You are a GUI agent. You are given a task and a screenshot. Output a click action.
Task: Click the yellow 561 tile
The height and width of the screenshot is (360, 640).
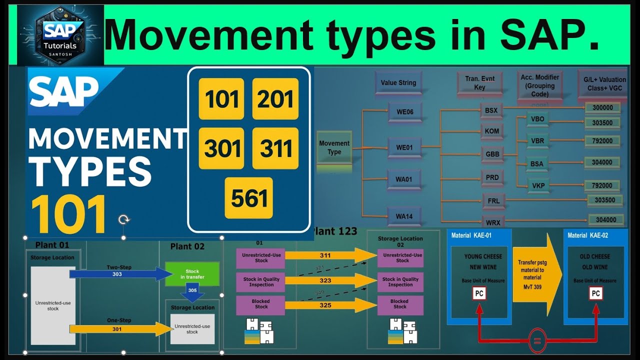pyautogui.click(x=248, y=198)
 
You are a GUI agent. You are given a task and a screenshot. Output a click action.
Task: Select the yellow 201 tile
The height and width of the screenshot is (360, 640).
pyautogui.click(x=275, y=99)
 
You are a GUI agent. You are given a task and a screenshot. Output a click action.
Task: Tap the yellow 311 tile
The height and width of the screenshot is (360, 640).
pyautogui.click(x=275, y=148)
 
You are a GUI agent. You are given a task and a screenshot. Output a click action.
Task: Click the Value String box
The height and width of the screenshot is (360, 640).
pyautogui.click(x=398, y=83)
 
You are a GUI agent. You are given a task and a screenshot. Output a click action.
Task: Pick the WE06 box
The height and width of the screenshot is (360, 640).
pyautogui.click(x=404, y=112)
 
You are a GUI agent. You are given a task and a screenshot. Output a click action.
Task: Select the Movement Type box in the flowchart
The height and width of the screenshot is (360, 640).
pyautogui.click(x=334, y=147)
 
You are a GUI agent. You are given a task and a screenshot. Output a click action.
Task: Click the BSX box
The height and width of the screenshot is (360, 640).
pyautogui.click(x=491, y=110)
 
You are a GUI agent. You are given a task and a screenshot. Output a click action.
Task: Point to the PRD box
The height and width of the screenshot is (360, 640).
pyautogui.click(x=491, y=177)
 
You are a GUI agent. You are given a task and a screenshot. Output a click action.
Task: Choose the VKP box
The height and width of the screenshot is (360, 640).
pyautogui.click(x=538, y=185)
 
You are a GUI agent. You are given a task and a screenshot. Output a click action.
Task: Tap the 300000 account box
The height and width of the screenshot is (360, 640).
pyautogui.click(x=602, y=107)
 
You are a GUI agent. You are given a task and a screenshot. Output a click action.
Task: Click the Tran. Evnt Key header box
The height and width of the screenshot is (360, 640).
pyautogui.click(x=479, y=83)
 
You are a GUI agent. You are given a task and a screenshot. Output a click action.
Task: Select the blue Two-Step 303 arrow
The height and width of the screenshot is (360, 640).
pyautogui.click(x=120, y=274)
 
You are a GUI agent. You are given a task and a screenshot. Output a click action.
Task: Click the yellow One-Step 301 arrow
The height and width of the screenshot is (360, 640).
pyautogui.click(x=120, y=329)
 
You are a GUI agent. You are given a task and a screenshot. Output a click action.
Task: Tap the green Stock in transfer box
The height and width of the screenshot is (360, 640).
pyautogui.click(x=192, y=274)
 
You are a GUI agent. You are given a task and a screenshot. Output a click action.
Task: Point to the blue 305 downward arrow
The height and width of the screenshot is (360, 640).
pyautogui.click(x=192, y=293)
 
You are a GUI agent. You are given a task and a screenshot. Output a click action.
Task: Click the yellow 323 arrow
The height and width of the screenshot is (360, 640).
pyautogui.click(x=330, y=280)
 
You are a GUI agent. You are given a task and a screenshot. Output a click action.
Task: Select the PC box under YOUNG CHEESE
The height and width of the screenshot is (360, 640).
pyautogui.click(x=479, y=293)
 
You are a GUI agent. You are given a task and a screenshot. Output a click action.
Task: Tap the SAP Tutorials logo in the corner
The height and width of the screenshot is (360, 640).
pyautogui.click(x=60, y=35)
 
